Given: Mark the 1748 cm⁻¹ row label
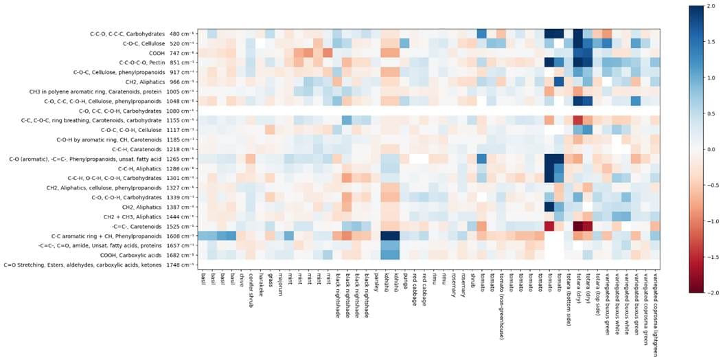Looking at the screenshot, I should (100, 265).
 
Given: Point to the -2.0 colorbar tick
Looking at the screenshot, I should (709, 293).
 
